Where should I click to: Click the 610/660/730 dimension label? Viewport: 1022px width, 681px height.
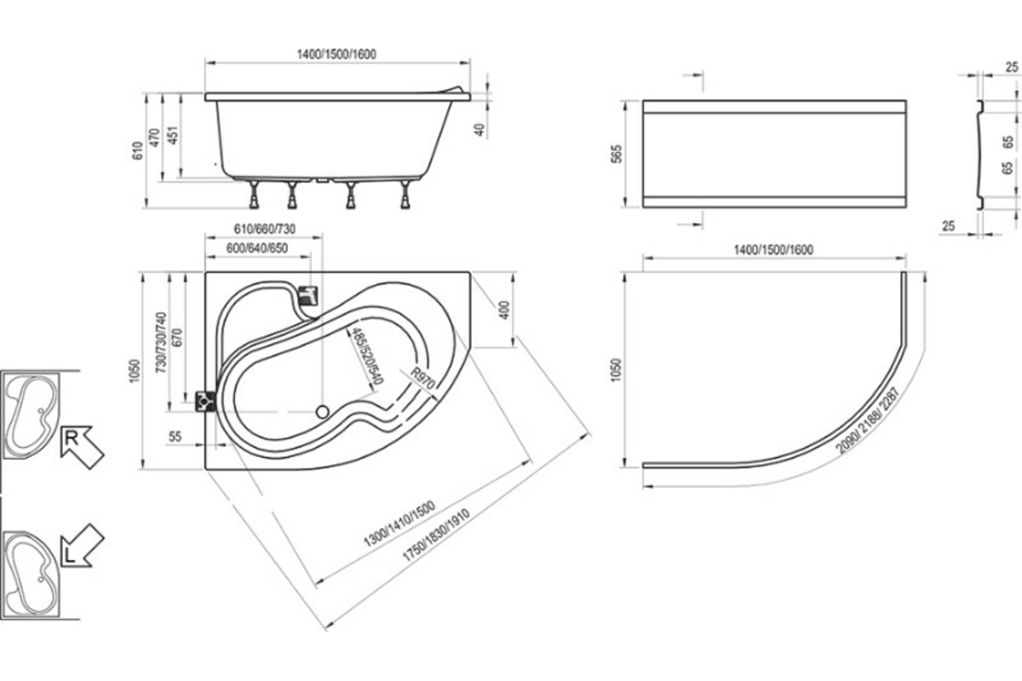[x=265, y=229]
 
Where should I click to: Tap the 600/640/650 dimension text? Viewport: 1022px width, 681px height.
[x=257, y=248]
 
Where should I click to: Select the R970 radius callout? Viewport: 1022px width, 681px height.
[x=422, y=379]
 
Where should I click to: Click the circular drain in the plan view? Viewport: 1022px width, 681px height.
[x=323, y=412]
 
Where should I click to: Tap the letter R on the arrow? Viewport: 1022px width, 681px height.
[x=72, y=438]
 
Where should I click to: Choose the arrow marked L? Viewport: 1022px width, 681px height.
[x=83, y=546]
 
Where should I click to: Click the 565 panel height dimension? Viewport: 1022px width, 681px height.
[x=617, y=154]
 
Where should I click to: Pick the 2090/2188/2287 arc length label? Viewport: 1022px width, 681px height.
[x=867, y=421]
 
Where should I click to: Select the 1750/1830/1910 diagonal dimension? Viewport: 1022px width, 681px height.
[x=436, y=535]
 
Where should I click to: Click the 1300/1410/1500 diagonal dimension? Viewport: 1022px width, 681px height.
[x=399, y=524]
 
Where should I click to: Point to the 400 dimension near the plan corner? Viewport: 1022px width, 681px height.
[x=504, y=310]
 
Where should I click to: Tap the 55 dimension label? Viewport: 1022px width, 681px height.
[x=175, y=437]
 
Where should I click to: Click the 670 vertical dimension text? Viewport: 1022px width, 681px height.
[x=177, y=338]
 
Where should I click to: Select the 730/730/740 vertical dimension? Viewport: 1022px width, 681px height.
[x=161, y=342]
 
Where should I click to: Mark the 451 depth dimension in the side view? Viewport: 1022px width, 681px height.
[x=173, y=135]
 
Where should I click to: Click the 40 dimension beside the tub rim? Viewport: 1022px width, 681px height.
[x=479, y=130]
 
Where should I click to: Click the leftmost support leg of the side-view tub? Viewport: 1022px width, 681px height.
[x=254, y=195]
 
